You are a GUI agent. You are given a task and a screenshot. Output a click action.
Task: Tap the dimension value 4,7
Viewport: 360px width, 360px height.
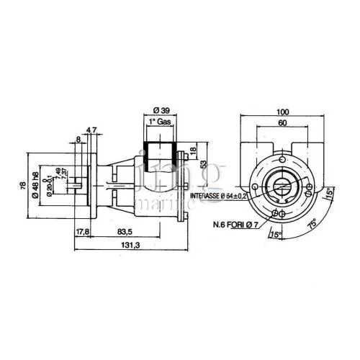[91, 130]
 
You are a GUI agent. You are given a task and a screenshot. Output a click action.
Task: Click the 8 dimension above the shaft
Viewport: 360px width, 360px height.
[78, 140]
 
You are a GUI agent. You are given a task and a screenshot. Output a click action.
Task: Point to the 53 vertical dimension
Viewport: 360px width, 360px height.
[204, 164]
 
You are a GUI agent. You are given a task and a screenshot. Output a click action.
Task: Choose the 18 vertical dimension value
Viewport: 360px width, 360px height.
[193, 150]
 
